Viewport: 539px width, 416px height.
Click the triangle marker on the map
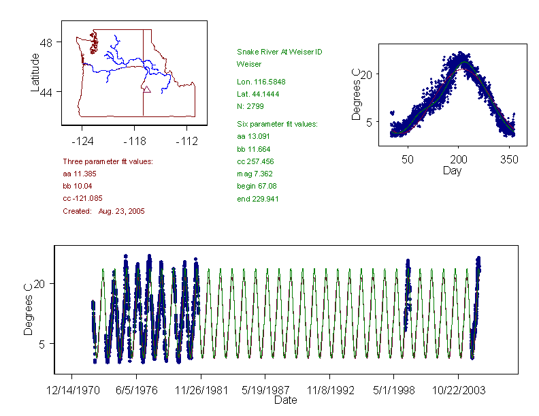[x=146, y=89]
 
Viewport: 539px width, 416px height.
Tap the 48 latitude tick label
[x=46, y=42]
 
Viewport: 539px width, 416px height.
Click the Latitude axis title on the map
[x=35, y=72]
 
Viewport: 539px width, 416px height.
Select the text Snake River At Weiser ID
[x=280, y=52]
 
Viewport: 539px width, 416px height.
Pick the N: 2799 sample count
[x=250, y=106]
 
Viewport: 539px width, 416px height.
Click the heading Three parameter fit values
[x=108, y=161]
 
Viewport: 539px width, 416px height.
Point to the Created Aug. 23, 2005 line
[x=103, y=211]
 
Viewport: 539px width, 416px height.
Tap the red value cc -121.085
[x=82, y=198]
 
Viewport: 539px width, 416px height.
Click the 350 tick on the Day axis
[x=510, y=160]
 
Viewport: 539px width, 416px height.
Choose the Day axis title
[x=452, y=171]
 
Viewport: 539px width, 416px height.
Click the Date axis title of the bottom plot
[x=285, y=400]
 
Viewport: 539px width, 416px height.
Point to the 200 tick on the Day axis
[x=458, y=160]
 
